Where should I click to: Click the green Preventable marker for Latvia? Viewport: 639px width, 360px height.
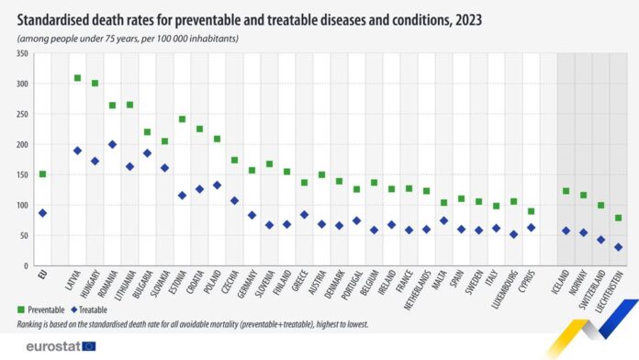77,78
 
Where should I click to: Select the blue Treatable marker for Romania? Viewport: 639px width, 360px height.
112,144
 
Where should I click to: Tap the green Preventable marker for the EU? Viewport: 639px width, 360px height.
42,174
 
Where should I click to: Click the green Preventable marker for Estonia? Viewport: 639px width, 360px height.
182,119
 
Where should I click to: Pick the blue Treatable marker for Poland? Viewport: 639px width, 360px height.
217,185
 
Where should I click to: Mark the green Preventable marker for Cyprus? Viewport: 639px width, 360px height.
531,211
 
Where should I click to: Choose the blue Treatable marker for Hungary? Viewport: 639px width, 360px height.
95,161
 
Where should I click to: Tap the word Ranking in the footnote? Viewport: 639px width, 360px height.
33,324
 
